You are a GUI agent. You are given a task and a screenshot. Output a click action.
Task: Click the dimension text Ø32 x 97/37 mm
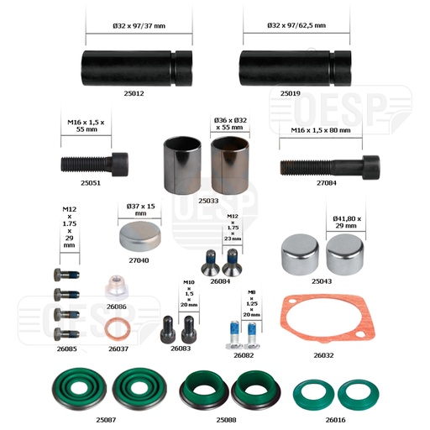point(139,26)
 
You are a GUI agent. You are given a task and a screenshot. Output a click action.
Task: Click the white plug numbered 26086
point(115,288)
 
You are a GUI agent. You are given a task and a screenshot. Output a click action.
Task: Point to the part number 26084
point(222,282)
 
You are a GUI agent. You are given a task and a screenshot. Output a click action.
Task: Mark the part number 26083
point(181,347)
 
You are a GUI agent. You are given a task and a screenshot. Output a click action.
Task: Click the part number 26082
point(244,354)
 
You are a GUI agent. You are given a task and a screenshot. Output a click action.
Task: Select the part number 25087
point(106,418)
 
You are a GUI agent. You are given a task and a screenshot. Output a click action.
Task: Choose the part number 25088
point(227,418)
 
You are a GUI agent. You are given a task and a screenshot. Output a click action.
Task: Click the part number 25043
point(322,281)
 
